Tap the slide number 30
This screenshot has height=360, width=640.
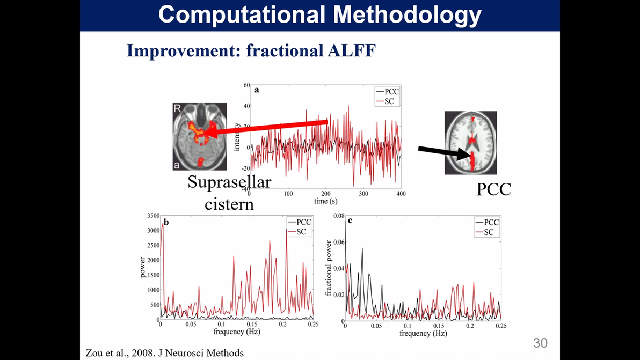(540, 343)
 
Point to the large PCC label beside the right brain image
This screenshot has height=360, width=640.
(493, 189)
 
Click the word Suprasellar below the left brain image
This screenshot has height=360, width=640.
(229, 182)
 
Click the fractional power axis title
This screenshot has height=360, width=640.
(329, 268)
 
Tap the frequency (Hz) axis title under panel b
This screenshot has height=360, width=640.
(237, 332)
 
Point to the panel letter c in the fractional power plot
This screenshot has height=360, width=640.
(351, 220)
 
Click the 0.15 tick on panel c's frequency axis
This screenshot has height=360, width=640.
(439, 326)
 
